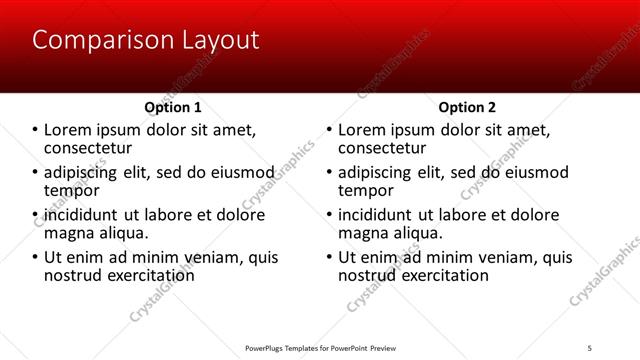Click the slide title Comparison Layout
[146, 40]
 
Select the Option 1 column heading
[173, 107]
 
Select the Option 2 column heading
[467, 107]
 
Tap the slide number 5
[590, 347]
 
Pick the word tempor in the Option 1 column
[72, 190]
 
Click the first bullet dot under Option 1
[35, 130]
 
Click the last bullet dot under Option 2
[329, 257]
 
